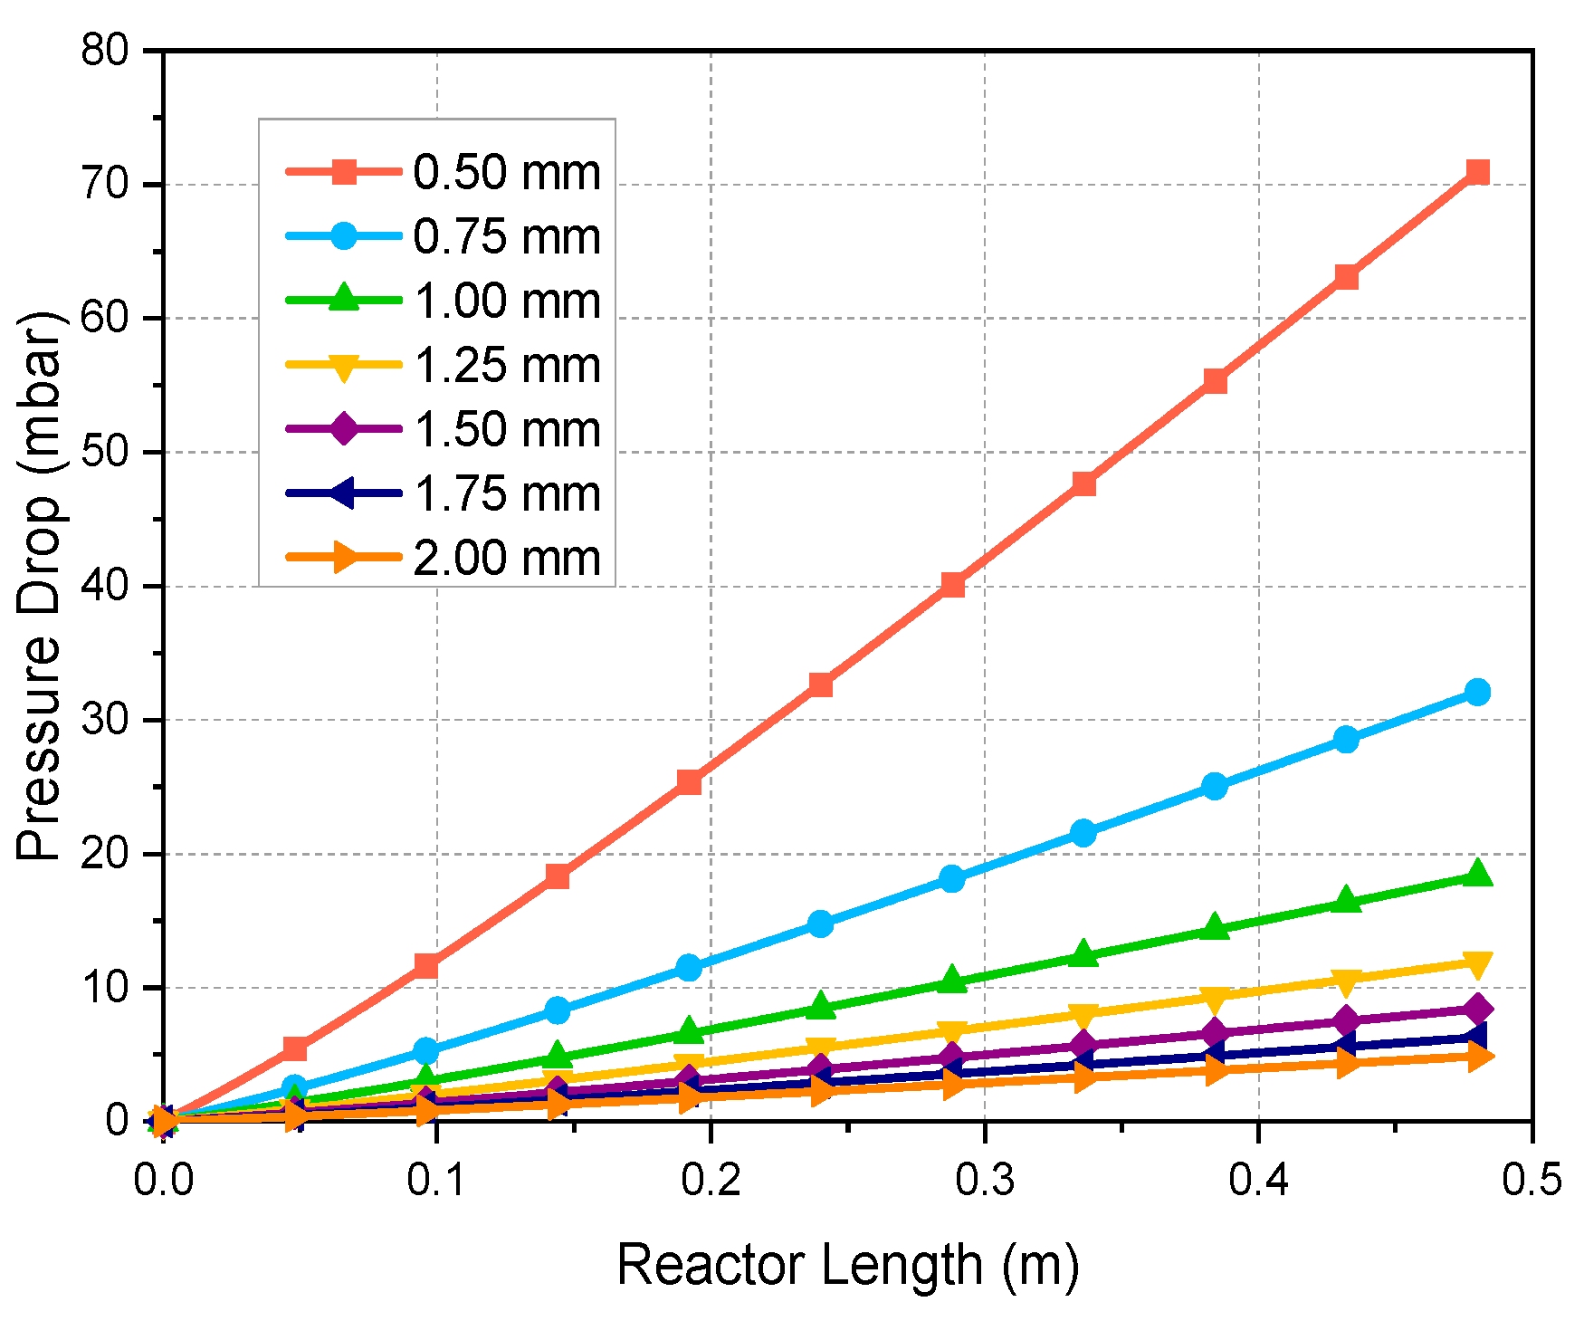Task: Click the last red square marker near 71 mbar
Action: [1477, 172]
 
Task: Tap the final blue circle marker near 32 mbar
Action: [1477, 692]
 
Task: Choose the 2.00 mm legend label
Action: [507, 559]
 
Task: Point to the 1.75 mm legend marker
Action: [344, 493]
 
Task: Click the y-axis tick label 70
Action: [107, 185]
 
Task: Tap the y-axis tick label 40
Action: [107, 586]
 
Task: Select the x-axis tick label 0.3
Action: [984, 1181]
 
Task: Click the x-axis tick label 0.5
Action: [1532, 1181]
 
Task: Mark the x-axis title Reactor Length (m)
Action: [848, 1265]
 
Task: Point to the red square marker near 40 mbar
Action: [951, 585]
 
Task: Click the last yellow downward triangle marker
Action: [1477, 963]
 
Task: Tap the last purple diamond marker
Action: [1477, 1009]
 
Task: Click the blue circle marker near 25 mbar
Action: [1215, 786]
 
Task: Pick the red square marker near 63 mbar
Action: [1346, 276]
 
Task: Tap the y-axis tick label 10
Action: [107, 987]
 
